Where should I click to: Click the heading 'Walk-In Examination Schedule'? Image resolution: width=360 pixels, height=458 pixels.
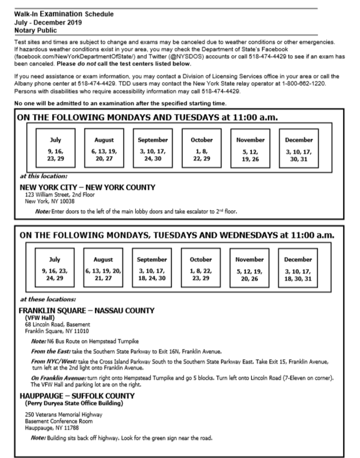coord(64,14)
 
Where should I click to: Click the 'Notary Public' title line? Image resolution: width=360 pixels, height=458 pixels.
coord(35,30)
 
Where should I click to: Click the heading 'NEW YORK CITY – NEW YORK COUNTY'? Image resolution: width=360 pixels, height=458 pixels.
coord(87,188)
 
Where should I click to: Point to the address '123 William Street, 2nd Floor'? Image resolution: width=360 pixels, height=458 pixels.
coord(60,195)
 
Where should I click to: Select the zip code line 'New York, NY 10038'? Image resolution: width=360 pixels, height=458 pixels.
coord(50,201)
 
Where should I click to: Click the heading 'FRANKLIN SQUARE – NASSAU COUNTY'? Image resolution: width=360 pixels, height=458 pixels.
coord(87,310)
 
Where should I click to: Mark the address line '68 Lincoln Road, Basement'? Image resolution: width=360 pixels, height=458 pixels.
coord(57,324)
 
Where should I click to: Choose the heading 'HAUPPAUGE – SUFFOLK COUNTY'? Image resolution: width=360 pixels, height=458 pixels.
coord(77,396)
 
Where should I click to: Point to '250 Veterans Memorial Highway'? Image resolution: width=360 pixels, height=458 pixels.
coord(64,415)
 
